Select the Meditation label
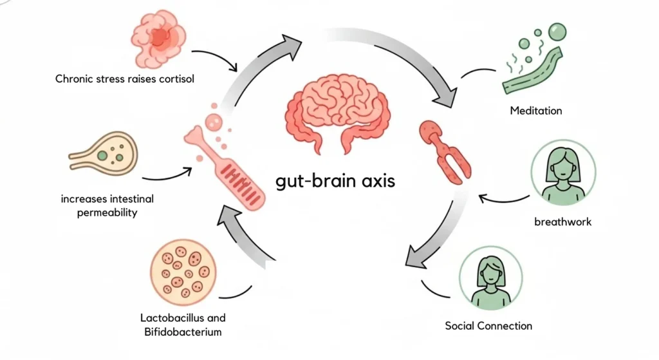coord(535,111)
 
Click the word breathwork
coord(562,222)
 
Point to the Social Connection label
coord(488,326)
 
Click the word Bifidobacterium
coord(183,332)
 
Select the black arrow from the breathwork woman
coord(502,198)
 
